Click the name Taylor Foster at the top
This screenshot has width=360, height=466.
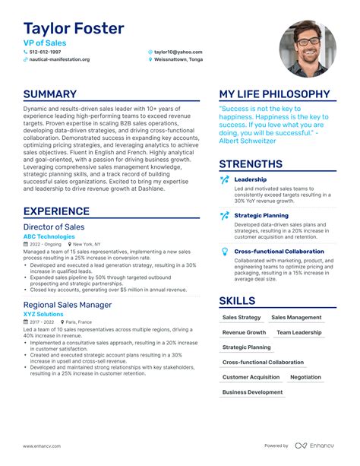coord(73,29)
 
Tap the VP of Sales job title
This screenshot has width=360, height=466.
coord(46,43)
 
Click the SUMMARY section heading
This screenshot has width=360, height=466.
coord(50,94)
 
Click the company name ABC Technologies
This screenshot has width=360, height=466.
coord(49,236)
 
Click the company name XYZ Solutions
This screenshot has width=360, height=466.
coord(43,314)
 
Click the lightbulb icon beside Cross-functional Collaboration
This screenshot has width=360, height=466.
coord(224,251)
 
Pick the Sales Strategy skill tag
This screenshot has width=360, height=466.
coord(241,317)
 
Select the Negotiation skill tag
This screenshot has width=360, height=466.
coord(305,377)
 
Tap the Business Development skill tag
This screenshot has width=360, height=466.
coord(252,392)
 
